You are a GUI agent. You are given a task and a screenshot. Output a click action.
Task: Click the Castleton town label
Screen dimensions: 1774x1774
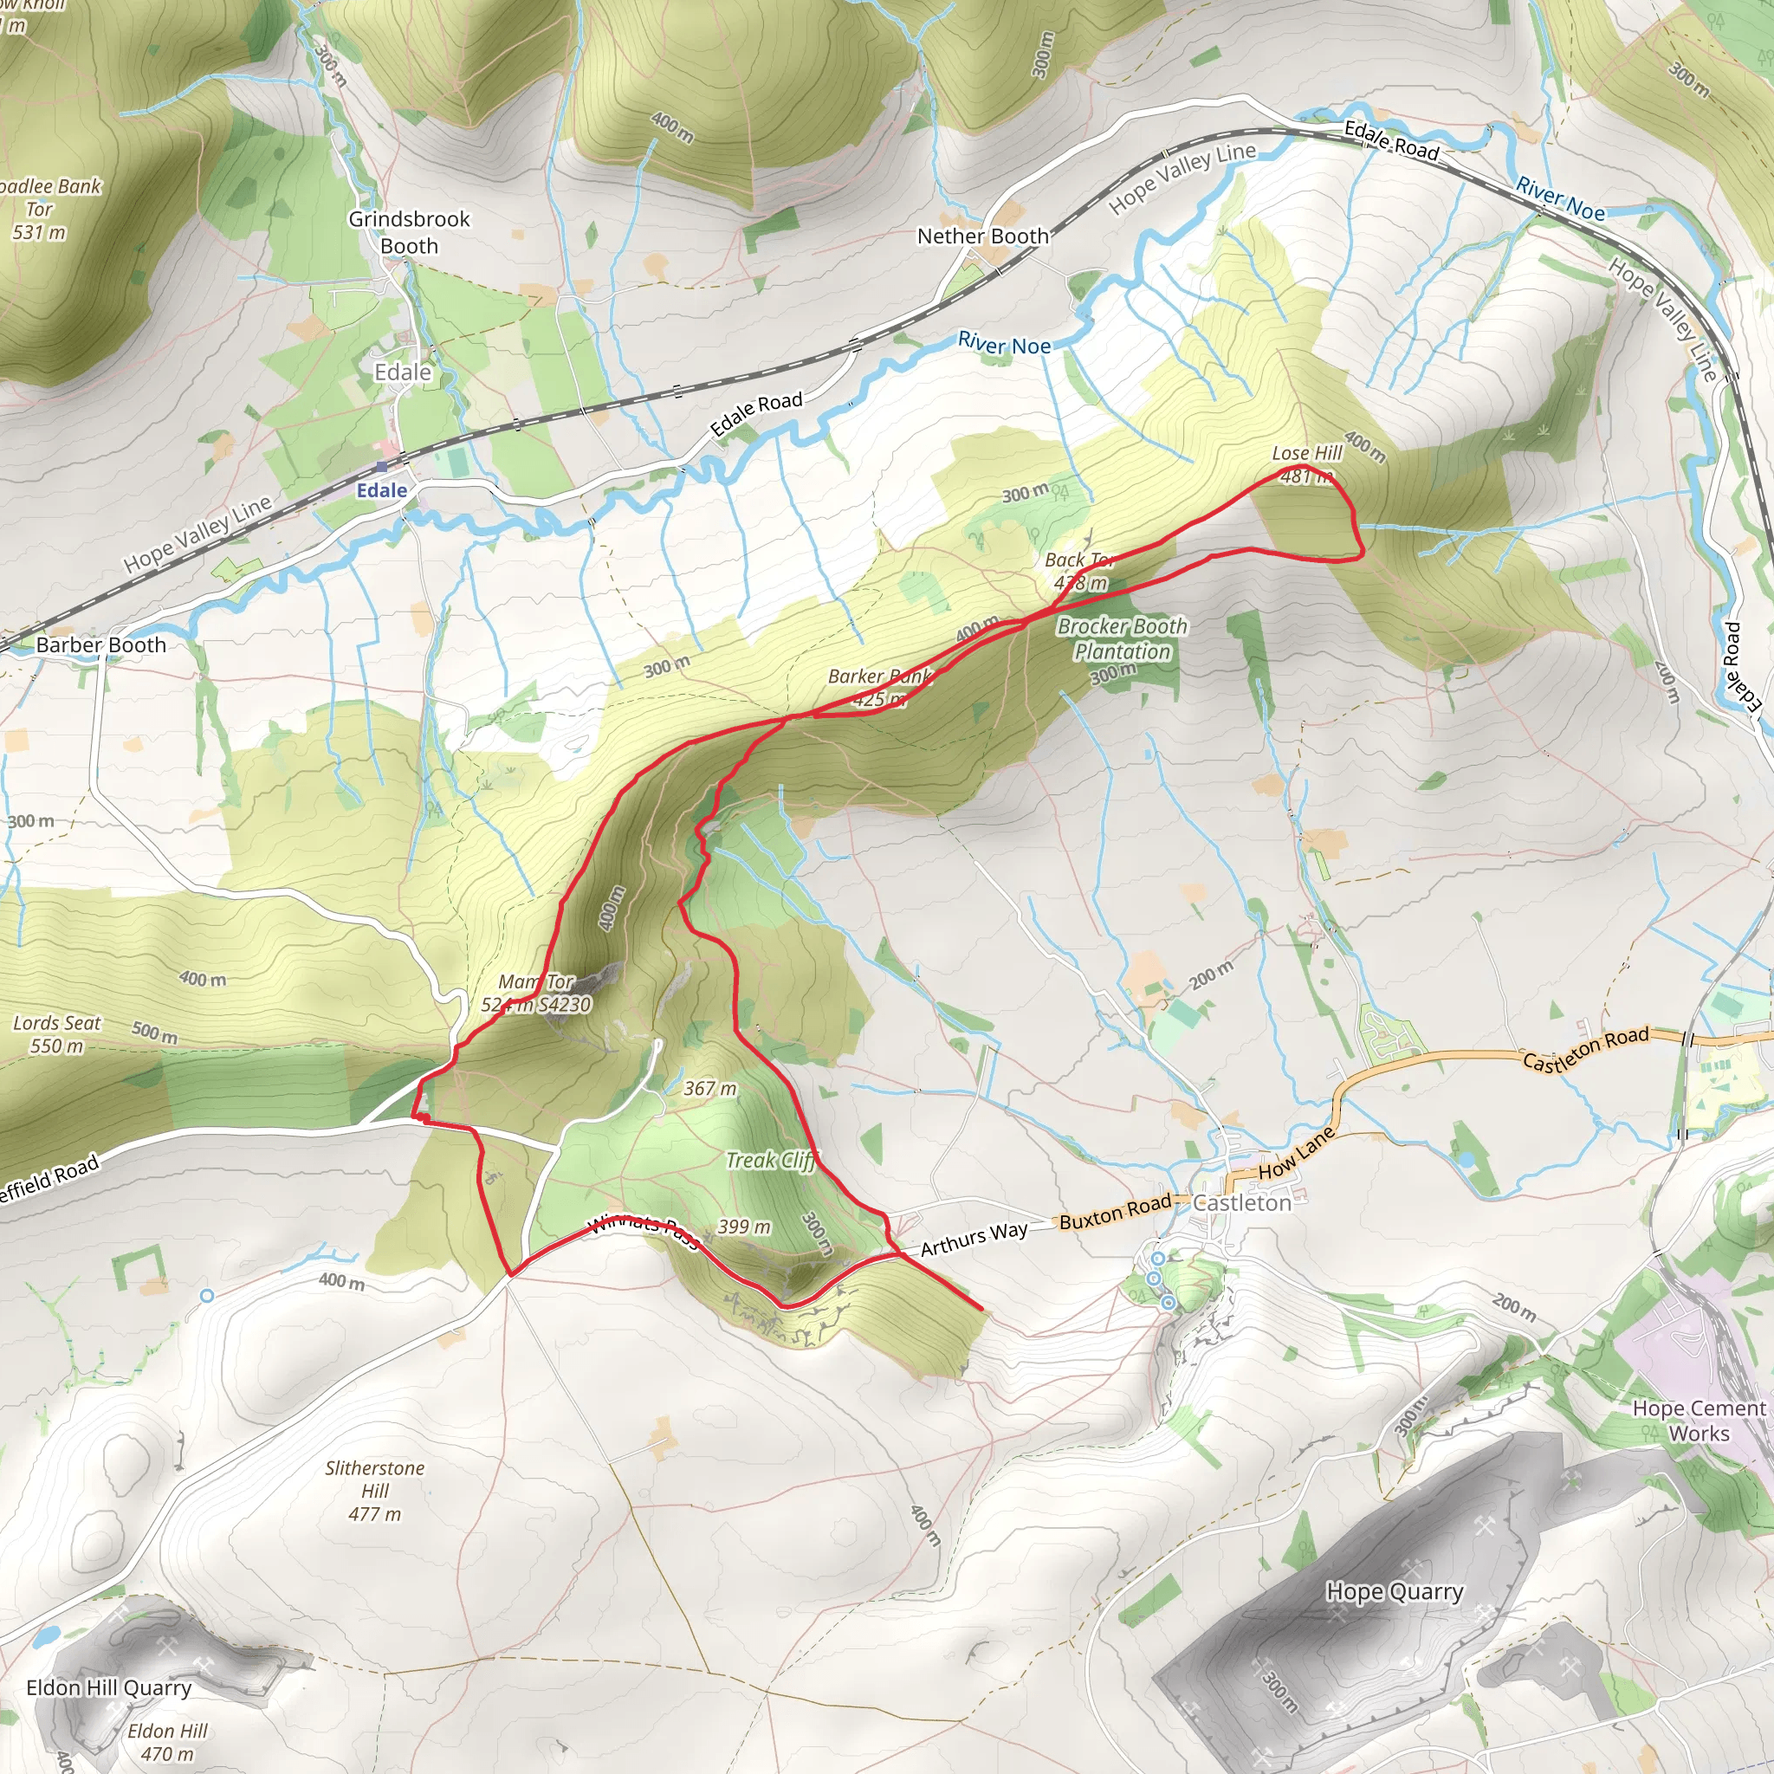click(x=1241, y=1203)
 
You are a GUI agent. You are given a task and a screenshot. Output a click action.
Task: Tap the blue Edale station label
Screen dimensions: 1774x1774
click(x=382, y=490)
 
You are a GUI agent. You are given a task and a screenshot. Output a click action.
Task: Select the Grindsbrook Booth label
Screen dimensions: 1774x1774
click(x=409, y=232)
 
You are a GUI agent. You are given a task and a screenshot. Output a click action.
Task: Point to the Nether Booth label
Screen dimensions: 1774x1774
click(x=982, y=236)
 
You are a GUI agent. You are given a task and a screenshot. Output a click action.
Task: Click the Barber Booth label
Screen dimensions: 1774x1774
click(x=101, y=644)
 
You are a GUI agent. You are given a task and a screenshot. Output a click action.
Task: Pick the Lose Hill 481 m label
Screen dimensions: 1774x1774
click(x=1306, y=463)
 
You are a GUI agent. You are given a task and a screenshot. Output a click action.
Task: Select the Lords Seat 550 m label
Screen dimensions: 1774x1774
click(x=57, y=1034)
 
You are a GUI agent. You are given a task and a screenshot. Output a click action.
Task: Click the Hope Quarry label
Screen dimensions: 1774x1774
click(x=1395, y=1591)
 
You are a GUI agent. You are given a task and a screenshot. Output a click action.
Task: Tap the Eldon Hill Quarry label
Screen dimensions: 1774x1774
click(x=108, y=1687)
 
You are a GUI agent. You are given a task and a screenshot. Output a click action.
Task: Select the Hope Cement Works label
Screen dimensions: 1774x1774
click(x=1699, y=1421)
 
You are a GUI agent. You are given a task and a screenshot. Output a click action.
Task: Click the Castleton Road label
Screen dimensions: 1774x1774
click(x=1586, y=1048)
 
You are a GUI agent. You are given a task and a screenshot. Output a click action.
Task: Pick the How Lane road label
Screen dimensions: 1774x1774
click(x=1297, y=1153)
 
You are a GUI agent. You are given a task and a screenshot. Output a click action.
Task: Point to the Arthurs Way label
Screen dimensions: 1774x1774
click(x=974, y=1239)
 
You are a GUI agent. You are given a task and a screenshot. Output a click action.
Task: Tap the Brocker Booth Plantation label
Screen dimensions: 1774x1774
click(x=1122, y=639)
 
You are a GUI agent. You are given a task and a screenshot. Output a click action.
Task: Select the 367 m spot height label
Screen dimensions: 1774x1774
click(x=709, y=1089)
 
